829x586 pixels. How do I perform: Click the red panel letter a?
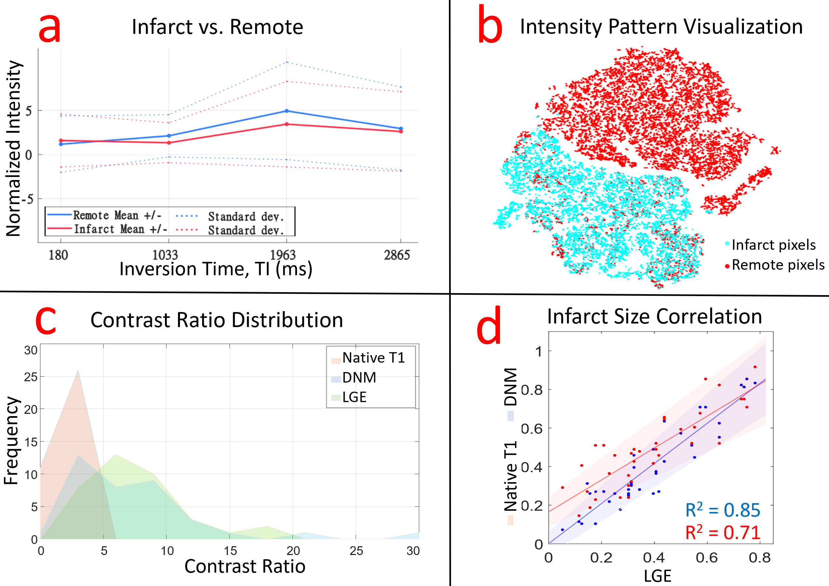50,28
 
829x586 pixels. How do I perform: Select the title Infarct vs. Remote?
217,27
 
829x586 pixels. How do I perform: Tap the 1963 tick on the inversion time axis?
283,255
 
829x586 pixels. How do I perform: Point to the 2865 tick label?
397,255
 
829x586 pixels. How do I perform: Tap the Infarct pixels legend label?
773,245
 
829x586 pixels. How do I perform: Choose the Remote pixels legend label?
778,265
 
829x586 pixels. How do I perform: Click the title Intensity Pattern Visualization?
661,27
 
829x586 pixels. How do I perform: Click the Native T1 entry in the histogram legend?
373,358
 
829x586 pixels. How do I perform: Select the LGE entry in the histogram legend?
354,397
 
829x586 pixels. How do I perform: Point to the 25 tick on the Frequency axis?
31,377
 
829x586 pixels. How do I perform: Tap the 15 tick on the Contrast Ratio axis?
230,550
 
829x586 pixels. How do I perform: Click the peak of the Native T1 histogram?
78,371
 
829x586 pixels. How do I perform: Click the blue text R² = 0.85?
722,510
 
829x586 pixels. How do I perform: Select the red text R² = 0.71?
722,532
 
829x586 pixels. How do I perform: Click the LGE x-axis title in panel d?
657,576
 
